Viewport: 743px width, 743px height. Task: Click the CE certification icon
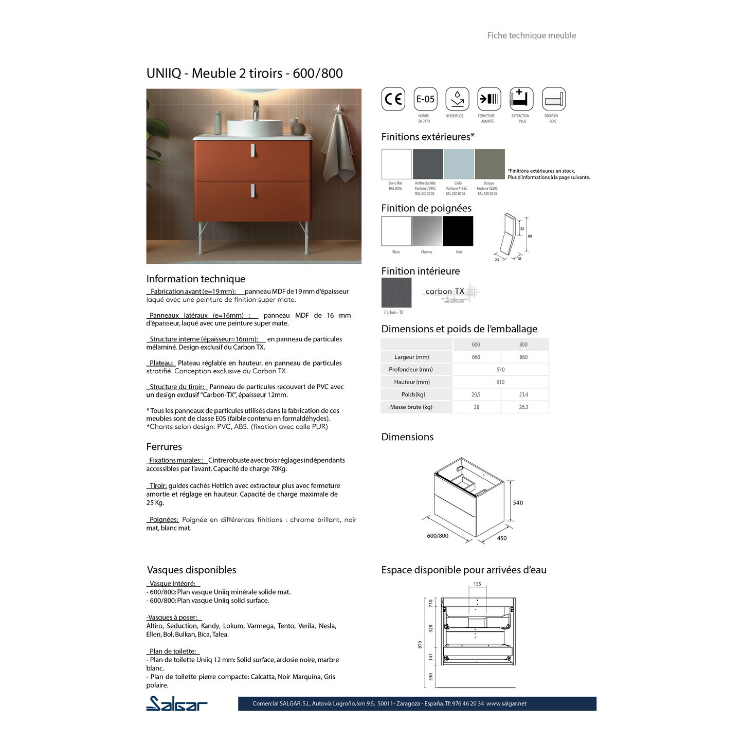pos(393,99)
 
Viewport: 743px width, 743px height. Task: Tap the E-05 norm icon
pos(425,99)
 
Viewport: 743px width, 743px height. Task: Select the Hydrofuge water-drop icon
pos(457,99)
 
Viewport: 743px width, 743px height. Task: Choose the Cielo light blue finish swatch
pos(459,164)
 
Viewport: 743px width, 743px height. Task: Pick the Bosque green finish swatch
pos(490,164)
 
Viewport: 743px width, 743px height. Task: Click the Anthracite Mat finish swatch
pos(428,164)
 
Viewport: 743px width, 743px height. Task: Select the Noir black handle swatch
pos(458,231)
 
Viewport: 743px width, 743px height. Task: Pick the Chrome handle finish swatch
pos(427,231)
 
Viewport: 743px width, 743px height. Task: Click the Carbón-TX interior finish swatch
pos(396,293)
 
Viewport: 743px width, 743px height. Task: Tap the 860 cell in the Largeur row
pos(523,357)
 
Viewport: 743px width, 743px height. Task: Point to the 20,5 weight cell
pos(476,394)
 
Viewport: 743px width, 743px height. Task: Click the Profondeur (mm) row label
pos(411,369)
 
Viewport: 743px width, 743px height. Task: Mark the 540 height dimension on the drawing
pos(518,503)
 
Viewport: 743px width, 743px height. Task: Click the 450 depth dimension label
pos(502,538)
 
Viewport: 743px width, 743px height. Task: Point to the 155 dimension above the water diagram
pos(477,584)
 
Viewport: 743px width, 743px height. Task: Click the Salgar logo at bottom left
pos(177,703)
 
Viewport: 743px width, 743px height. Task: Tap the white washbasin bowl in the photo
pos(255,128)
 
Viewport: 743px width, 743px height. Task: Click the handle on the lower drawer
pos(253,190)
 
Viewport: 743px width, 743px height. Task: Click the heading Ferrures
pos(164,447)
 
